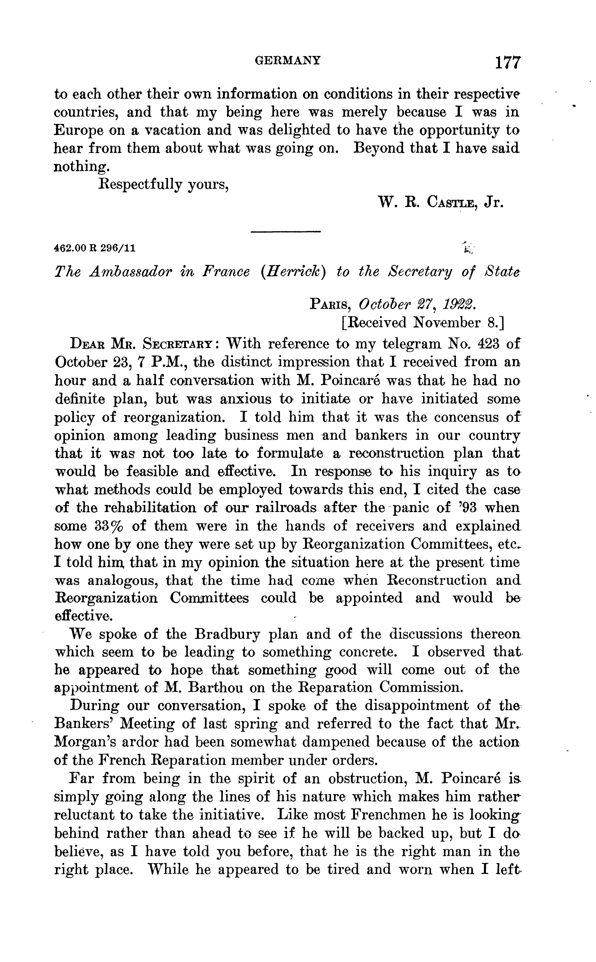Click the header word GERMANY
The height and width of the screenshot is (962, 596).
(288, 60)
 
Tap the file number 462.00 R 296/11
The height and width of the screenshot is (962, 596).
(95, 248)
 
